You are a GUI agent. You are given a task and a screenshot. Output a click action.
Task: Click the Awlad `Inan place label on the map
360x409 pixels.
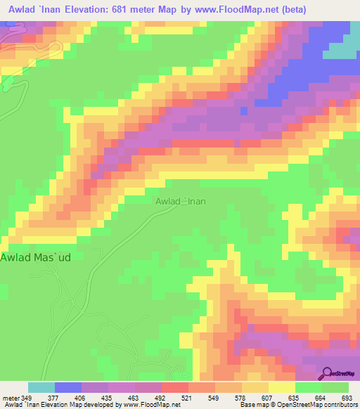click(181, 201)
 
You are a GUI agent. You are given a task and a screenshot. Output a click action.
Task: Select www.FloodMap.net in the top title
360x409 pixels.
click(240, 9)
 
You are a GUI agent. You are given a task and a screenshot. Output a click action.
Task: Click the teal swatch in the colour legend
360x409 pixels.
click(41, 387)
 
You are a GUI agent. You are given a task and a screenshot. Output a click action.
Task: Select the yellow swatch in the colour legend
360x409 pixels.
click(281, 387)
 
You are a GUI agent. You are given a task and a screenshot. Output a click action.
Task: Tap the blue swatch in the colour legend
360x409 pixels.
click(67, 387)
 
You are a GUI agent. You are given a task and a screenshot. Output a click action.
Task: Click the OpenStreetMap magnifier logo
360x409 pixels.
click(327, 372)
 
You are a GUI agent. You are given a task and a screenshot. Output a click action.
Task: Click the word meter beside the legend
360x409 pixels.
click(10, 398)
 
